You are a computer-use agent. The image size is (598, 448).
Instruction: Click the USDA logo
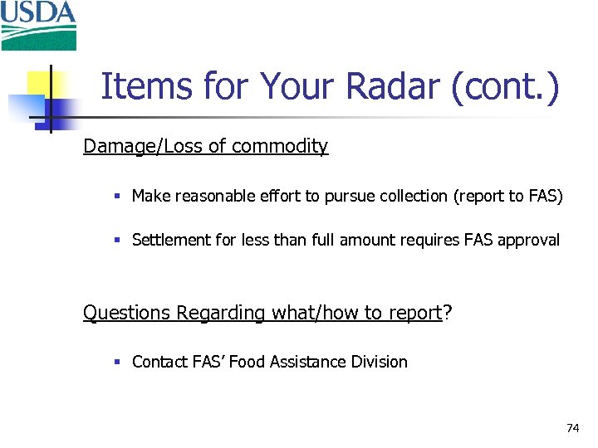(38, 25)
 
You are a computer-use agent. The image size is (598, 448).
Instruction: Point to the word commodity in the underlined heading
(280, 147)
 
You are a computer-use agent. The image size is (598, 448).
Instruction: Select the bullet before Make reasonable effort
(118, 197)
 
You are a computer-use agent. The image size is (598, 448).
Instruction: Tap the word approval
(528, 241)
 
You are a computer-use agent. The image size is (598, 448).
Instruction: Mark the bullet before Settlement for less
(118, 241)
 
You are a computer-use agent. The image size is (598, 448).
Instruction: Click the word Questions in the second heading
(126, 313)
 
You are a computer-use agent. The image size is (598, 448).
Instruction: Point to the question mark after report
(447, 313)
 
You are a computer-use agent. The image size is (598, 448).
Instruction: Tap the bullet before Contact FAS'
(118, 363)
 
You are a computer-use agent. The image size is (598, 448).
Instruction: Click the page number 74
(572, 428)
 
